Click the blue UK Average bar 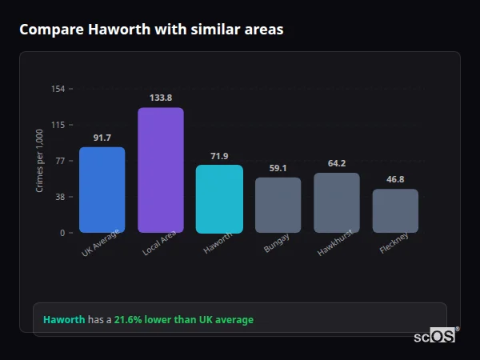click(x=102, y=190)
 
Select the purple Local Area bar click(x=161, y=170)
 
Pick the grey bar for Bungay click(x=278, y=205)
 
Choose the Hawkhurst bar click(x=337, y=202)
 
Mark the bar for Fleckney click(x=395, y=210)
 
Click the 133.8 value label click(x=161, y=98)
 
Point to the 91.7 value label click(x=102, y=138)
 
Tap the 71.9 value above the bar click(x=219, y=156)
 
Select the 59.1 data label click(x=278, y=168)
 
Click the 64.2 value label click(x=337, y=163)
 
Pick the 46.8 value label click(x=395, y=179)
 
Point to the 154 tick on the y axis click(x=58, y=89)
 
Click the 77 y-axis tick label click(x=60, y=161)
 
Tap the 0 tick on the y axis click(x=62, y=233)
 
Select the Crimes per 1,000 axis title click(x=40, y=161)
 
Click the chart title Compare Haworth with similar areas click(x=151, y=30)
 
